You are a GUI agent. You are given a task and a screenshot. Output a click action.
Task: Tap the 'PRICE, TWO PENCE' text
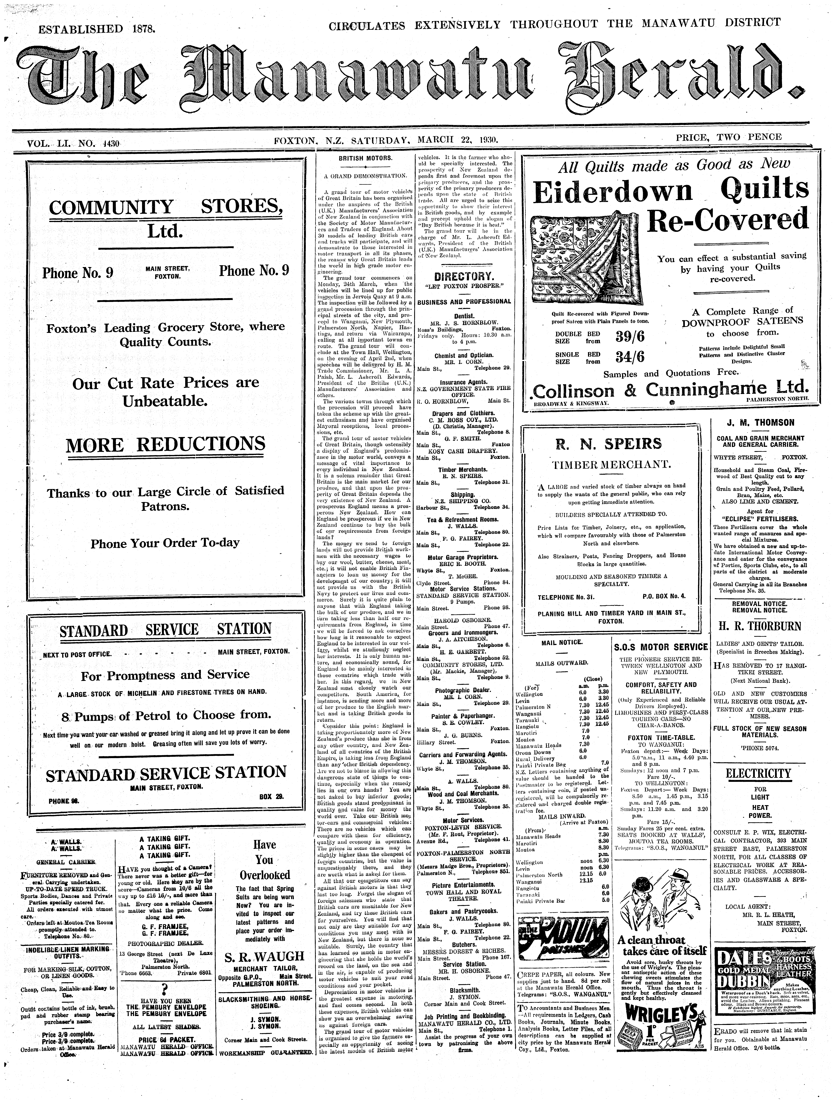click(728, 137)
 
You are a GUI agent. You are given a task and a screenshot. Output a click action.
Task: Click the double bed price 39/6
click(630, 337)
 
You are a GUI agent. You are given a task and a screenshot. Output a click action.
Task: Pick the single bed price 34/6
click(630, 357)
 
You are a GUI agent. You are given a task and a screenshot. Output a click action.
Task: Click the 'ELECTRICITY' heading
click(759, 774)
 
